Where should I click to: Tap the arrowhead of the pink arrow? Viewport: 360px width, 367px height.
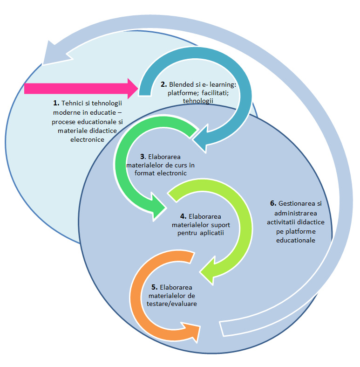point(132,88)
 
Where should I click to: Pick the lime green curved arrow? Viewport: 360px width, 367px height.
point(242,224)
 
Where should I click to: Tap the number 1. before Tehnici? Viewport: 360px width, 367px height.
point(56,102)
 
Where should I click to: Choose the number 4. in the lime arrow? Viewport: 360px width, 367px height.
point(183,217)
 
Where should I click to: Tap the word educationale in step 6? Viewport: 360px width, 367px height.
point(296,241)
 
